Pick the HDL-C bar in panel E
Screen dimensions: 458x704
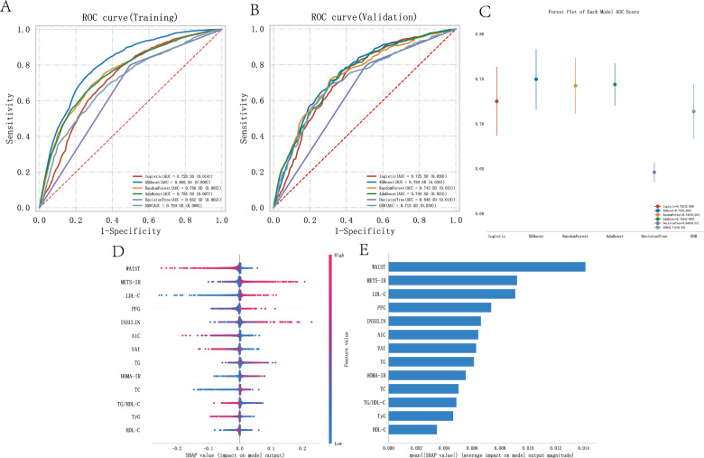click(x=412, y=429)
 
